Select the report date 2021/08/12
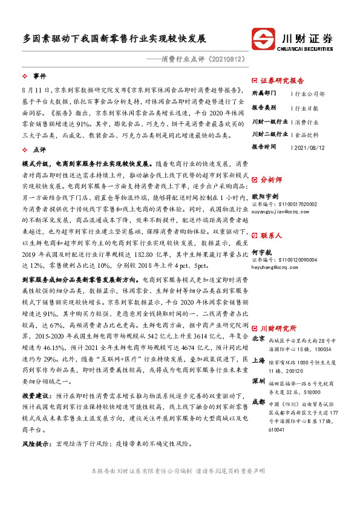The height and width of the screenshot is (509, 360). [308, 147]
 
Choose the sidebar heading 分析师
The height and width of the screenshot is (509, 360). [270, 180]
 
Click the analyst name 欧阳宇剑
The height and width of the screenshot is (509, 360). [265, 196]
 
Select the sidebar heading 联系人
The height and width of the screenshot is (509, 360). [270, 235]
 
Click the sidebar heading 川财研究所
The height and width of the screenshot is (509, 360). [278, 328]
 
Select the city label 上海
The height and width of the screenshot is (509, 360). [258, 358]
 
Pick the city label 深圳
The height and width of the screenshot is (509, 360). [258, 381]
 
